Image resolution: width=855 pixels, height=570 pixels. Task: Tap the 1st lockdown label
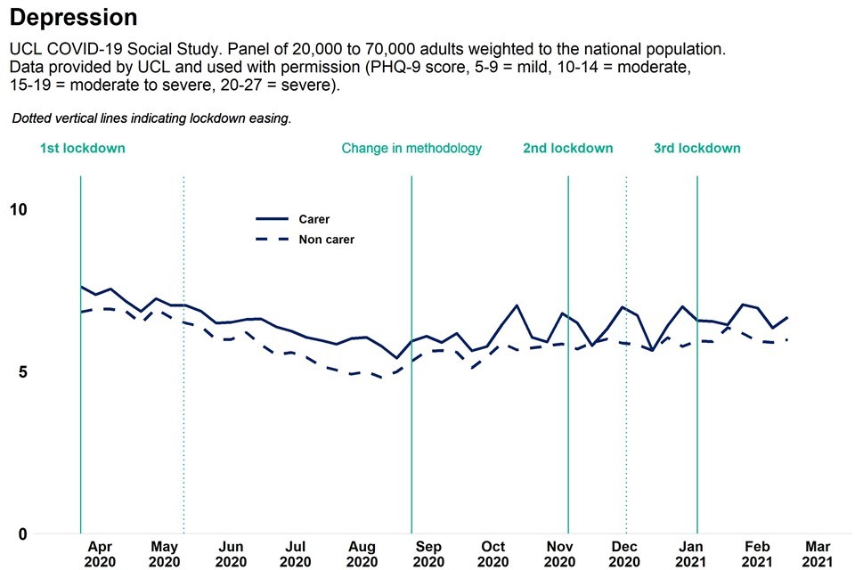[82, 149]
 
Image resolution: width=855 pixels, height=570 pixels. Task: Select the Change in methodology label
[411, 149]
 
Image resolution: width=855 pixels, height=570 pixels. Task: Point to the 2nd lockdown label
[568, 149]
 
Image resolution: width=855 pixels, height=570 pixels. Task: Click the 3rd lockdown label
[697, 149]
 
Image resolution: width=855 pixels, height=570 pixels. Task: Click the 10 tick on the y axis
[19, 209]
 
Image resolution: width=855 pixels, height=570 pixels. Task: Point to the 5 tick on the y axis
[22, 372]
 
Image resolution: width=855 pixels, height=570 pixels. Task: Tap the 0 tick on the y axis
[22, 534]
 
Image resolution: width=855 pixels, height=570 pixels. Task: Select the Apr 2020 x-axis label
[99, 554]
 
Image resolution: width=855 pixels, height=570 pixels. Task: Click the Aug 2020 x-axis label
[362, 554]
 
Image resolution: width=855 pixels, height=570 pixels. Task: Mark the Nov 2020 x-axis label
[559, 554]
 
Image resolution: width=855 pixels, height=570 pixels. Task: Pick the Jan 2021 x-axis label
[692, 554]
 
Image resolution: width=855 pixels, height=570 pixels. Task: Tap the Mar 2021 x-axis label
[818, 554]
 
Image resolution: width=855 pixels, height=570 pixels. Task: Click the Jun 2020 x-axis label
[231, 554]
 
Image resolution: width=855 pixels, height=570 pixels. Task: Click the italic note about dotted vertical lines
[151, 118]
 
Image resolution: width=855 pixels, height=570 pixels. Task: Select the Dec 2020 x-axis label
[626, 554]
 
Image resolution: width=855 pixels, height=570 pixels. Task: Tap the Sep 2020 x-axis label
[428, 554]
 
